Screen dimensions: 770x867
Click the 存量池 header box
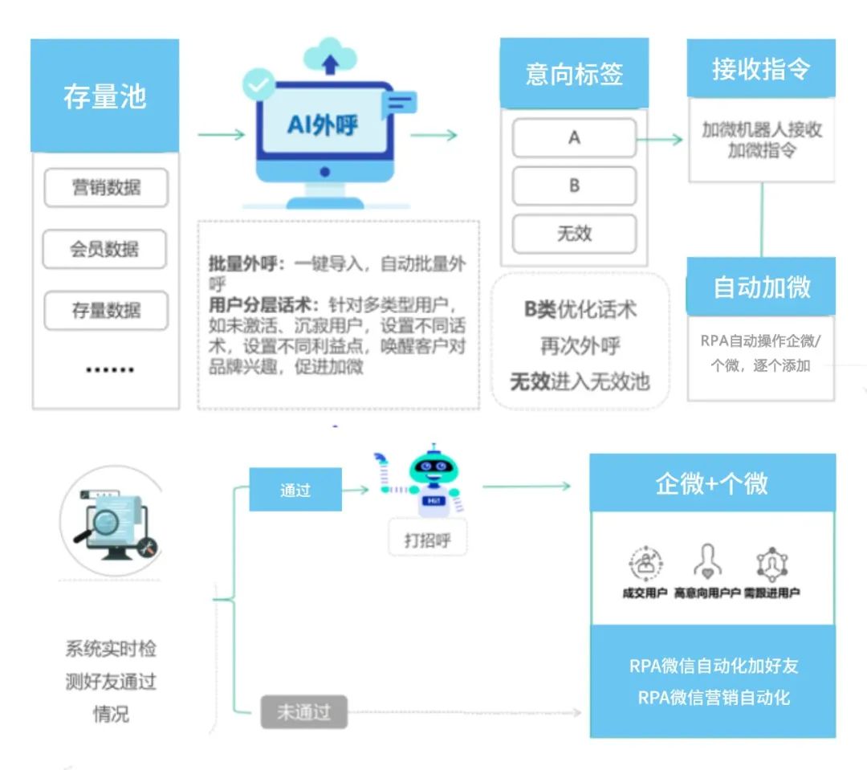point(104,96)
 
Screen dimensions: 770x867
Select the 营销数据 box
point(105,188)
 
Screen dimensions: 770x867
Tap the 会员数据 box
point(104,249)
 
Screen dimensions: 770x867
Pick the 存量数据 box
point(105,310)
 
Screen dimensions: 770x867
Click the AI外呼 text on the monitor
point(323,125)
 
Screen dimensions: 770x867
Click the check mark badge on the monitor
point(258,84)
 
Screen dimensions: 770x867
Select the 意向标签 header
point(574,74)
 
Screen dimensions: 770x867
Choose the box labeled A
point(574,138)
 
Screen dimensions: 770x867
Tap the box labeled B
point(574,185)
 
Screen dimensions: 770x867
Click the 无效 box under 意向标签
point(574,234)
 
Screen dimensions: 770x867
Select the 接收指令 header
point(760,69)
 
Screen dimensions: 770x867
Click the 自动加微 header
point(761,287)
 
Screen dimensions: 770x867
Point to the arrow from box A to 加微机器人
point(660,140)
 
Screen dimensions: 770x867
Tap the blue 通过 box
point(295,490)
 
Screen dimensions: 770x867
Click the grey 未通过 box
point(303,712)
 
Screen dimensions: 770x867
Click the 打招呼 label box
point(427,540)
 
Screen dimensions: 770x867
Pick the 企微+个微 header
point(712,483)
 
